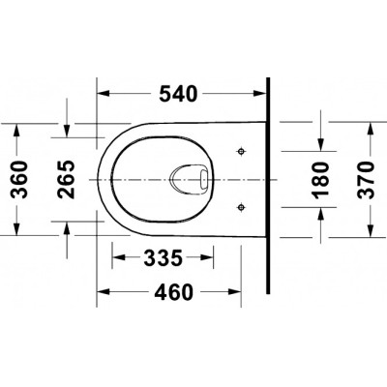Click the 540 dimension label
point(178,94)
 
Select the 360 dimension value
point(19,180)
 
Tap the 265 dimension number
point(66,180)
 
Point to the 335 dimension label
point(164,257)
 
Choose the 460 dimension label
point(174,292)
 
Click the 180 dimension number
point(321,179)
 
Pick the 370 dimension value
point(367,179)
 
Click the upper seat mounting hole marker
point(241,151)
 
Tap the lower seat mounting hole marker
point(241,207)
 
